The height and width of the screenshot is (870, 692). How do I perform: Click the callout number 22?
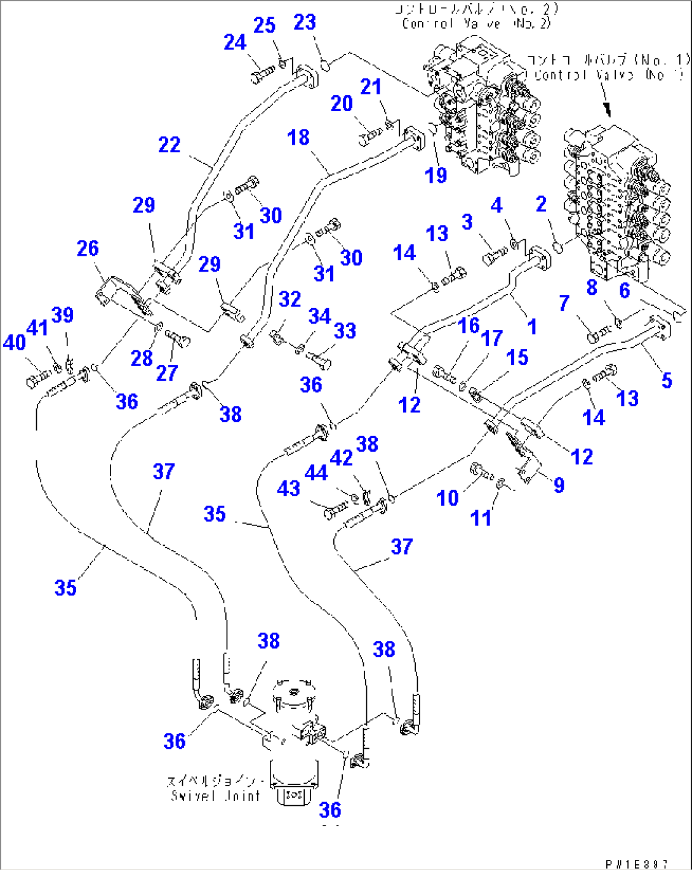(x=169, y=145)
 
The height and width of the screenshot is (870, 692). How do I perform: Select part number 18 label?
(x=298, y=137)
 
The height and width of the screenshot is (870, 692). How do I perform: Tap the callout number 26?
(x=88, y=248)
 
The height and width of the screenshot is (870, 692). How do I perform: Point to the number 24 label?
(x=235, y=43)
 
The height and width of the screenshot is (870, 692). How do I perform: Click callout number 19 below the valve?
(x=436, y=175)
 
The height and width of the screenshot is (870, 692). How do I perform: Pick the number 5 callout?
(x=667, y=380)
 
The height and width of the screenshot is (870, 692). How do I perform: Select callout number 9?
(x=559, y=485)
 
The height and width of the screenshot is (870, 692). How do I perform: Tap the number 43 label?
(x=288, y=489)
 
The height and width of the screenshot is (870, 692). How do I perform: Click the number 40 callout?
(x=14, y=343)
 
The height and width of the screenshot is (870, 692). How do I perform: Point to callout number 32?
(x=289, y=299)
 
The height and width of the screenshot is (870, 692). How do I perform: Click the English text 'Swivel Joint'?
(x=216, y=795)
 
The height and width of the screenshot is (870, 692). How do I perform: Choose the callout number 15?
(x=517, y=357)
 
